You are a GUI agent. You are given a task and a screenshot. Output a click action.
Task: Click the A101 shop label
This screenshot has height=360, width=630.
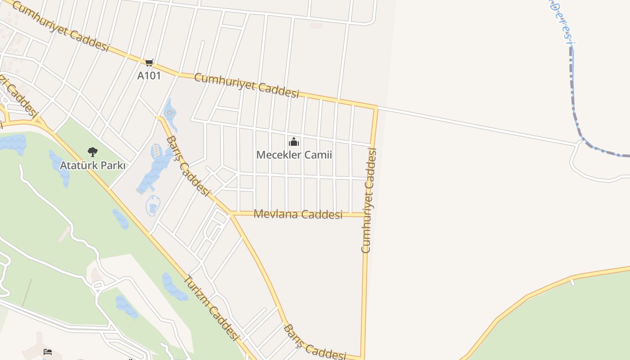(148, 76)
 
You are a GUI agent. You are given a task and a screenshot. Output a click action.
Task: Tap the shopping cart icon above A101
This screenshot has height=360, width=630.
(149, 63)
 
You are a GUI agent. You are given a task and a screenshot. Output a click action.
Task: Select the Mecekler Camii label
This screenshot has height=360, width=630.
(294, 155)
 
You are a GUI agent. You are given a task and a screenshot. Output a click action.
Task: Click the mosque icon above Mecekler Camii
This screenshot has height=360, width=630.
(294, 142)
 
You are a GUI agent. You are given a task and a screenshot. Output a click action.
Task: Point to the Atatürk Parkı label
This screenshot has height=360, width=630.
(93, 166)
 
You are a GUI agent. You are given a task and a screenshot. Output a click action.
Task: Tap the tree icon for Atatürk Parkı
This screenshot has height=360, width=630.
(93, 152)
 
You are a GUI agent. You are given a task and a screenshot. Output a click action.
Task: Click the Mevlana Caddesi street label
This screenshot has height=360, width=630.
(298, 214)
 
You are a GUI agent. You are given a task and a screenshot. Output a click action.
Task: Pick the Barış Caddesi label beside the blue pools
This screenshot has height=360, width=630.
(188, 166)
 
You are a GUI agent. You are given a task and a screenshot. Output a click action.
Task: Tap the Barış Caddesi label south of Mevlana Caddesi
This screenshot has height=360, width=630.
(314, 343)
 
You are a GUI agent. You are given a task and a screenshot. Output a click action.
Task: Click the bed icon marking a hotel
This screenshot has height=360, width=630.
(48, 351)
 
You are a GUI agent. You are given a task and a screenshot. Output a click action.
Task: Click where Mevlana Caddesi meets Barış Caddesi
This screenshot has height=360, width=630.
(231, 213)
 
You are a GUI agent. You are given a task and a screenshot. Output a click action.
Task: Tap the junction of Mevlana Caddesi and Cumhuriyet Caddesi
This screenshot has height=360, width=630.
(365, 215)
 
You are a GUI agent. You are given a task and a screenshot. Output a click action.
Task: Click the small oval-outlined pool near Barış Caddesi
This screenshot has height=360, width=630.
(153, 206)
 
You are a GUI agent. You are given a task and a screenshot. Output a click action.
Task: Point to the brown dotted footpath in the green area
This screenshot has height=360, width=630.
(27, 292)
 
